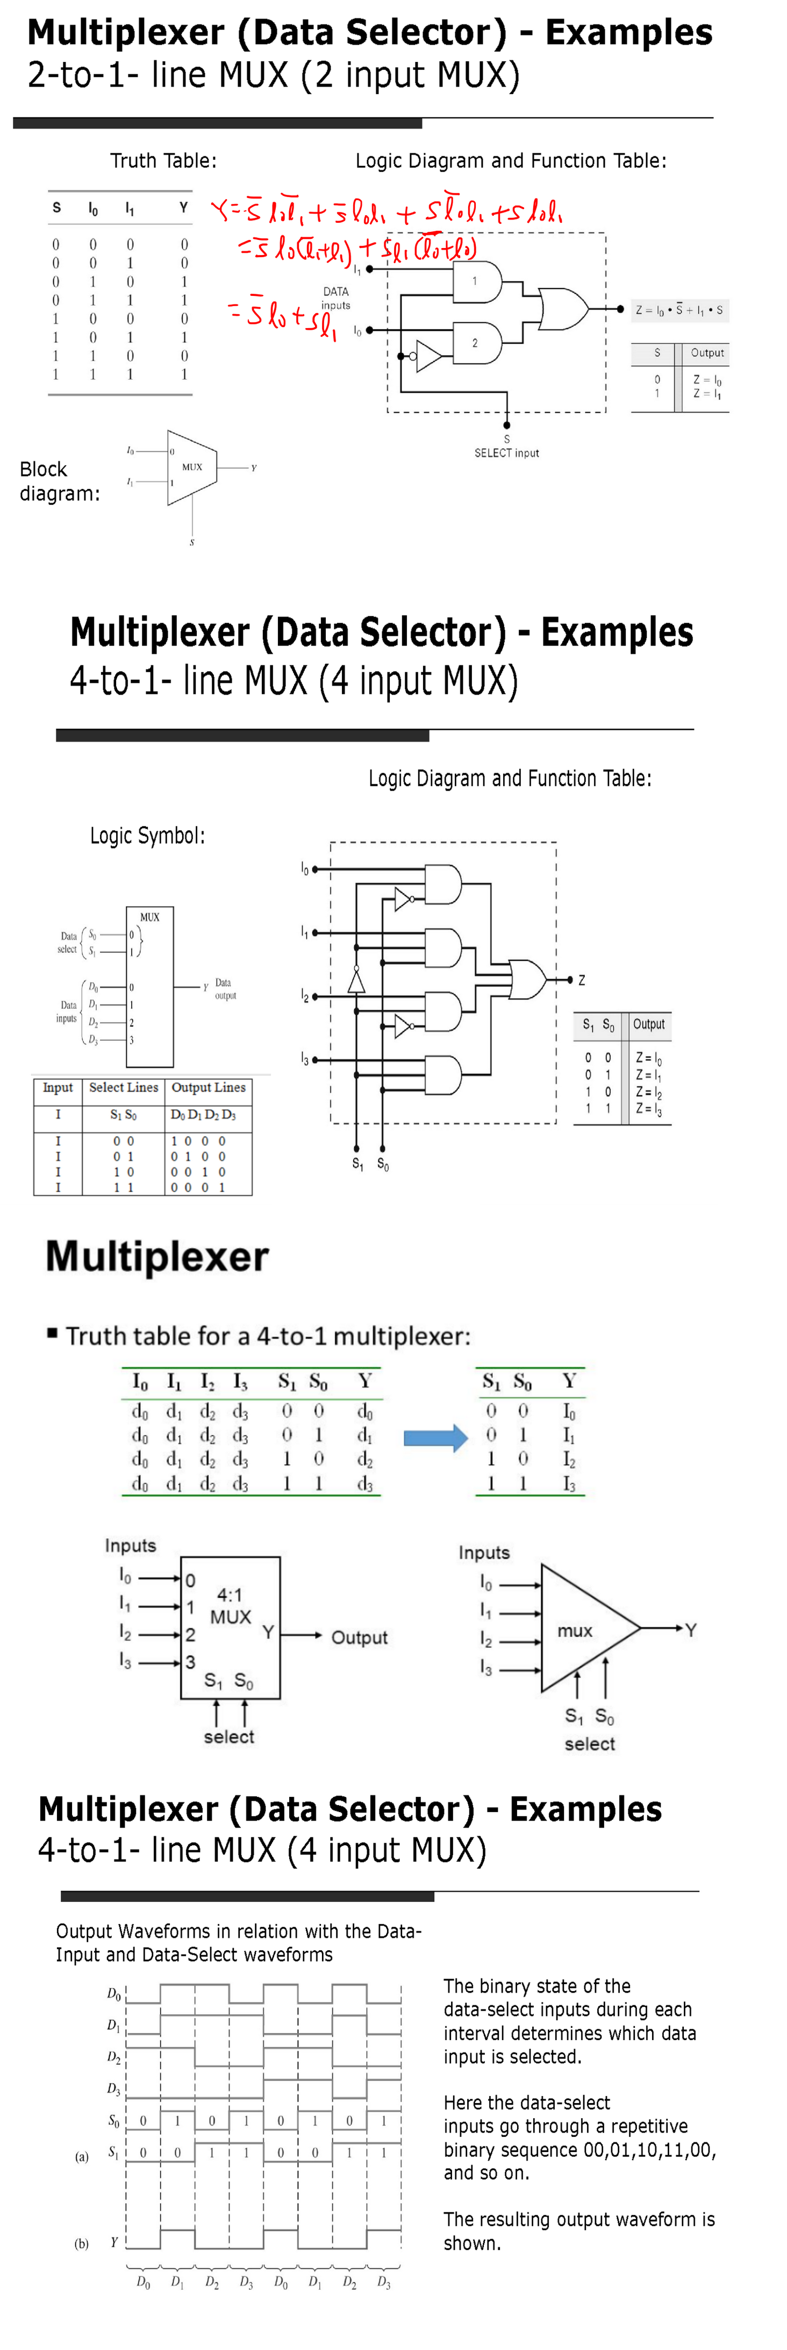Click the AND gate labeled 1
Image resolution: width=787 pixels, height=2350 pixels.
coord(477,282)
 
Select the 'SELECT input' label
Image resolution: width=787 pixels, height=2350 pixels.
coord(506,452)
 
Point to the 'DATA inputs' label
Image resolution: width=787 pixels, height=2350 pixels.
coord(335,298)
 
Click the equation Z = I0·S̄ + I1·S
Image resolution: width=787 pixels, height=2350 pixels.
coord(679,310)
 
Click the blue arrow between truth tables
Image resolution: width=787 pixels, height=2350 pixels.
coord(435,1438)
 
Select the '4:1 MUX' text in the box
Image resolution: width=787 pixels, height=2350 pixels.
coord(230,1605)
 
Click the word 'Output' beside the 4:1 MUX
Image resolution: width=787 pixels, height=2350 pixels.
coord(359,1638)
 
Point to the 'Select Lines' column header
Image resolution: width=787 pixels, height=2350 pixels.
coord(123,1087)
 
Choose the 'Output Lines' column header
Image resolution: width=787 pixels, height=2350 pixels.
coord(208,1087)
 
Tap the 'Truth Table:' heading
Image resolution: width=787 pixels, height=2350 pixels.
coord(163,160)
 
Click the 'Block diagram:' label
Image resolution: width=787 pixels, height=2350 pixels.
coord(59,481)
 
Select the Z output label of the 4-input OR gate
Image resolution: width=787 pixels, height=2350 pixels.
coord(582,980)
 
